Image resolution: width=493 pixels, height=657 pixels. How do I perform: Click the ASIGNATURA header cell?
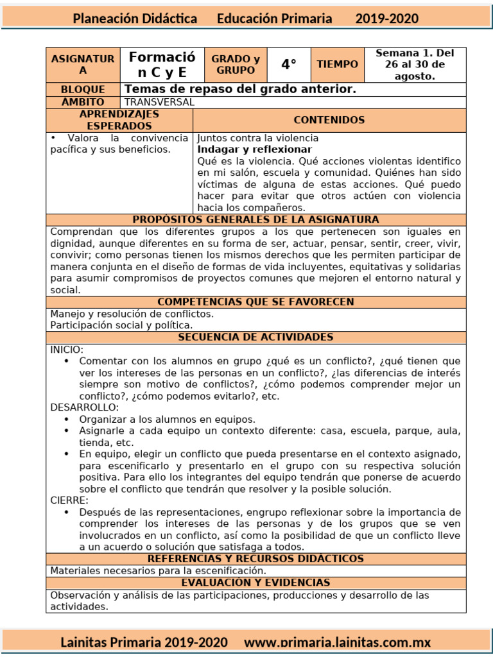(x=83, y=65)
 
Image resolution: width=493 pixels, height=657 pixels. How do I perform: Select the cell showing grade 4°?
(x=289, y=65)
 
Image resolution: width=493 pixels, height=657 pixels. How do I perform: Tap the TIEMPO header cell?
(x=337, y=65)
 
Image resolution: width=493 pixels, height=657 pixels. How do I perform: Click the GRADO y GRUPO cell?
(x=236, y=65)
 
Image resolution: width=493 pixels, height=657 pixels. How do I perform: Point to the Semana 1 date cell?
(x=415, y=65)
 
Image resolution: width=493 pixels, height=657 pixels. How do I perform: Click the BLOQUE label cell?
(x=83, y=89)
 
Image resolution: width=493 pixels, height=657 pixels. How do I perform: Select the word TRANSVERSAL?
(x=159, y=102)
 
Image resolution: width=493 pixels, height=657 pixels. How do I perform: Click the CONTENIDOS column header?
(x=329, y=120)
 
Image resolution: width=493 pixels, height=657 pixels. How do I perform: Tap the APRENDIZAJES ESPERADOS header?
(x=119, y=120)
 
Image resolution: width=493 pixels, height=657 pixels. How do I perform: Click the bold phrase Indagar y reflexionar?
(x=246, y=149)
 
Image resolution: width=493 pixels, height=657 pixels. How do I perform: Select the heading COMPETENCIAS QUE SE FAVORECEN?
(x=255, y=302)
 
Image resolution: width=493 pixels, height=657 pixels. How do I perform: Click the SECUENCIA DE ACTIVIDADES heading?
(x=255, y=337)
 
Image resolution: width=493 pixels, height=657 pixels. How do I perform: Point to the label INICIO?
(x=67, y=350)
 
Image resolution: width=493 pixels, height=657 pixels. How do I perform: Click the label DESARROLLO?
(x=84, y=407)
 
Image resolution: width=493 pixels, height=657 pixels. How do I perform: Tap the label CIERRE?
(x=69, y=500)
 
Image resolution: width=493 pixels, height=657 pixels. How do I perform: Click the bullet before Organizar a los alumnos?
(x=67, y=420)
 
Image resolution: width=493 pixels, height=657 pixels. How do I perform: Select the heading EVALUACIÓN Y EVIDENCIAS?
(x=255, y=583)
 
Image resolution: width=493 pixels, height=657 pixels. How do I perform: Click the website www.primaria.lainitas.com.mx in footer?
(x=337, y=642)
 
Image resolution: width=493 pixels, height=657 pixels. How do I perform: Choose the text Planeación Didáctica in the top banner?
(x=135, y=19)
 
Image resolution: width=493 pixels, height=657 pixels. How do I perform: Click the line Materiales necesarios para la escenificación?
(x=158, y=570)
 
